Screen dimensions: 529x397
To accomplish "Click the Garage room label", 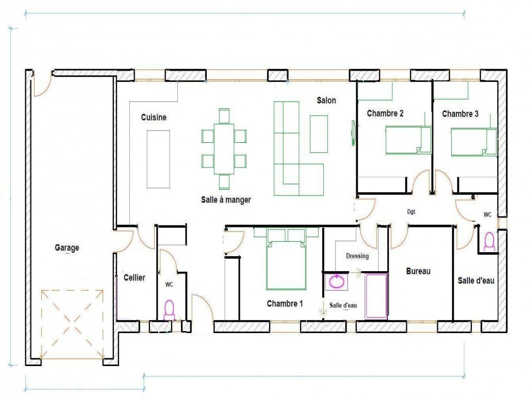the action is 67,247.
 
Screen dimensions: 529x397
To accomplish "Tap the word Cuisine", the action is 154,117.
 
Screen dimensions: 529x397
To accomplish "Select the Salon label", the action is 326,100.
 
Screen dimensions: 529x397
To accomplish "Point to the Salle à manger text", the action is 226,200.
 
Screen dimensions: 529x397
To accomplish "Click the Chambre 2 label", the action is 385,113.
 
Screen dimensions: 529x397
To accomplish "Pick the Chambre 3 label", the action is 460,113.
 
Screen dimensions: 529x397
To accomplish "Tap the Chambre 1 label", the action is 285,304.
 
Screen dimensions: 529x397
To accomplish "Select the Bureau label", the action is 418,271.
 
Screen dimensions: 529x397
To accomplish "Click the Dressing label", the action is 357,256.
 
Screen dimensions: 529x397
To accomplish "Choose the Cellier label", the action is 134,277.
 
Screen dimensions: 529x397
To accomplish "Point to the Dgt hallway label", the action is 411,212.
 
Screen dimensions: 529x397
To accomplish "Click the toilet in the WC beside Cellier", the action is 169,310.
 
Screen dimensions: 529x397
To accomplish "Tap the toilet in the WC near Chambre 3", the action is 489,241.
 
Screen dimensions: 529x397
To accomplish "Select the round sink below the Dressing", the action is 336,282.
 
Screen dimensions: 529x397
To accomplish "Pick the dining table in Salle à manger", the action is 224,149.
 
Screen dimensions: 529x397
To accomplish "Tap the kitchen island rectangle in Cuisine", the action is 158,159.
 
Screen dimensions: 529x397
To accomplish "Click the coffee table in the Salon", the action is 319,134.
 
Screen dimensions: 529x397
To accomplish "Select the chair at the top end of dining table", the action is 224,116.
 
